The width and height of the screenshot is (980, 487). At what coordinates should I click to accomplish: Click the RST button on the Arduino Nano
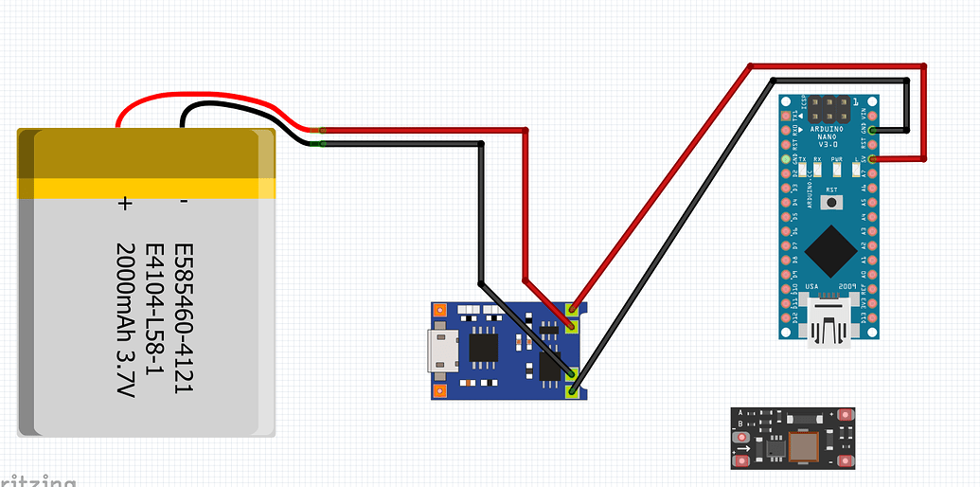[832, 202]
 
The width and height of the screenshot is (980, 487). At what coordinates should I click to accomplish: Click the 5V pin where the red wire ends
[872, 160]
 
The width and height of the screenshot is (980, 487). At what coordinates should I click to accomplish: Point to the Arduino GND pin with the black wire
[872, 130]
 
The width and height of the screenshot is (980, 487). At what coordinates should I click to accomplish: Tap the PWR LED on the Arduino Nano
[837, 170]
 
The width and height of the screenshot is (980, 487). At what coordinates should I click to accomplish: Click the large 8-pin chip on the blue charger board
[484, 350]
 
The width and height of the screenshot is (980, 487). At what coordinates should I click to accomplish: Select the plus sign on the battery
[124, 202]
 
